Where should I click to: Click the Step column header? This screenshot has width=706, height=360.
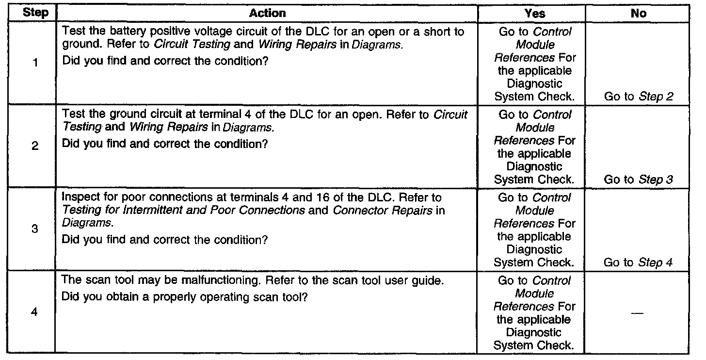[x=36, y=13]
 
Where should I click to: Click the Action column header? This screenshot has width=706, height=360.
[x=267, y=13]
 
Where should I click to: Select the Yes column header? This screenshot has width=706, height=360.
[x=534, y=13]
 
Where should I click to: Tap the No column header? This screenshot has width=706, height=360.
[x=639, y=13]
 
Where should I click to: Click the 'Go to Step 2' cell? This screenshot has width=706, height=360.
[x=639, y=97]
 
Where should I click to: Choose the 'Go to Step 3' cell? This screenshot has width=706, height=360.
[x=639, y=180]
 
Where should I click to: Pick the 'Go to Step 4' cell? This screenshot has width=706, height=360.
[x=639, y=262]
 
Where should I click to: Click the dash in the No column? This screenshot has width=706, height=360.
[x=639, y=313]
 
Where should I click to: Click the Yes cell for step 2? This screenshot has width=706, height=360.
[x=534, y=147]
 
